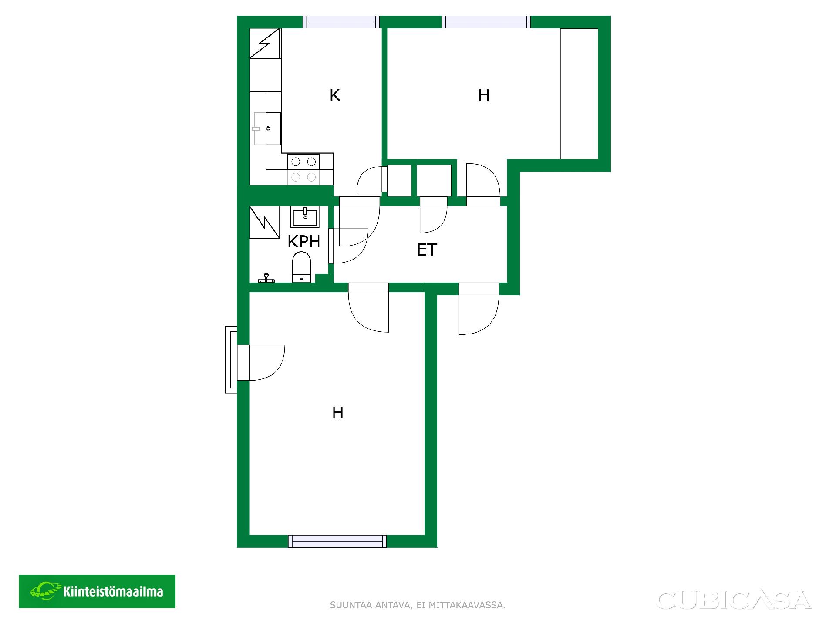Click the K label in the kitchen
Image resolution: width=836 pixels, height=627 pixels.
334,95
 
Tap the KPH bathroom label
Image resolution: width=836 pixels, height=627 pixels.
304,241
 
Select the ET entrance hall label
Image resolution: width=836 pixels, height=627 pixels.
427,250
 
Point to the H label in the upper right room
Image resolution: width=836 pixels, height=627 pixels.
484,96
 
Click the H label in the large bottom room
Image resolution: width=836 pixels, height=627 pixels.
338,413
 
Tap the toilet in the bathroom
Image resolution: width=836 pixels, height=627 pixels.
301,268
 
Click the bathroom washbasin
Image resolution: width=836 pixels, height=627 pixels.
305,216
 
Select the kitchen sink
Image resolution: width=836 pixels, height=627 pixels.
267,128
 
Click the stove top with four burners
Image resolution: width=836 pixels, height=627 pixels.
303,169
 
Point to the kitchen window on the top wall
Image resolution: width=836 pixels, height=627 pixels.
341,22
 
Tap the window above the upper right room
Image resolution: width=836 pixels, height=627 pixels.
486,22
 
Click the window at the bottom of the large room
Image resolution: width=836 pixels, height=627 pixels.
337,541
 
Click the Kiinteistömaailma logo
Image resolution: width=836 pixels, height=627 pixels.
97,591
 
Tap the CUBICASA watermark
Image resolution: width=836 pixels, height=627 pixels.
734,600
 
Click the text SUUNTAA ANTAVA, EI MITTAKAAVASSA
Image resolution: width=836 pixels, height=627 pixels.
418,605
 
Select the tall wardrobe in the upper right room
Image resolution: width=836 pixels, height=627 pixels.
579,94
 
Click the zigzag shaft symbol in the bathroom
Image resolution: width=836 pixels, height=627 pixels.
265,222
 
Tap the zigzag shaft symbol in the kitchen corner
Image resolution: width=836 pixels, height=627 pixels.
265,43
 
